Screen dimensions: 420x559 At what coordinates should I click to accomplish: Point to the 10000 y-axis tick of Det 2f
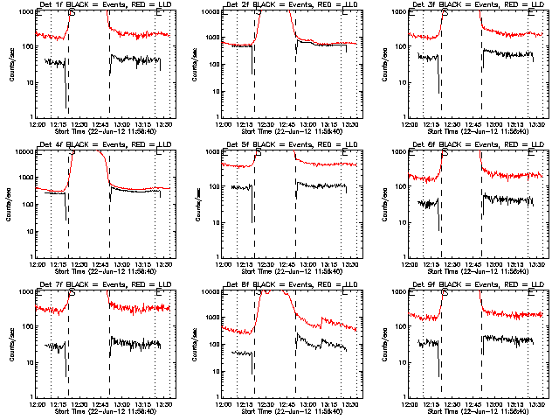tap(211, 12)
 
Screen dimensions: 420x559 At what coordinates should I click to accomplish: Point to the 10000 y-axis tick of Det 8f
tap(211, 292)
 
